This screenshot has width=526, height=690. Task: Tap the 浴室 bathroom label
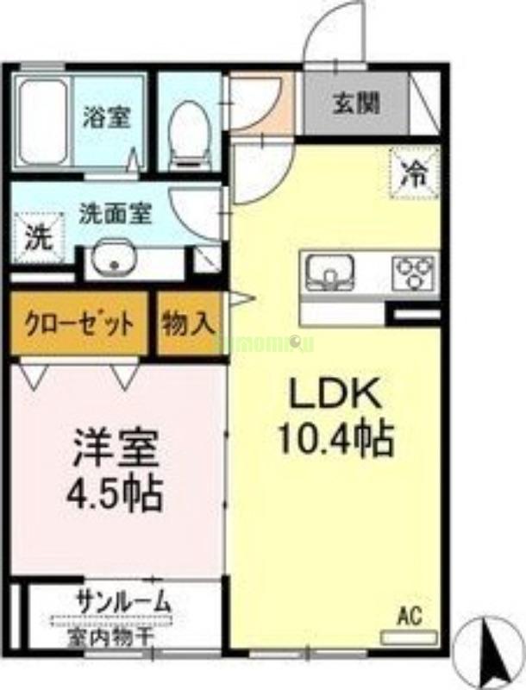click(107, 117)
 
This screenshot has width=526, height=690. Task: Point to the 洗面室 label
click(116, 212)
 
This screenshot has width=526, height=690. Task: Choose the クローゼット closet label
click(78, 324)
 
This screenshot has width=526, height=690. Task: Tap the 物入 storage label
click(189, 324)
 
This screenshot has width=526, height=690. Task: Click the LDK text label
click(334, 396)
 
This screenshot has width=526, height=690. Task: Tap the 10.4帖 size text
click(335, 441)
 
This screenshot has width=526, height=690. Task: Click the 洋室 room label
click(116, 448)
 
